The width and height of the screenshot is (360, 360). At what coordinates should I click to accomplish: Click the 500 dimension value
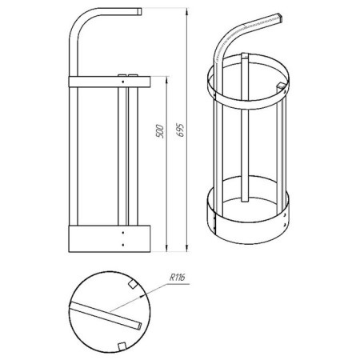159,130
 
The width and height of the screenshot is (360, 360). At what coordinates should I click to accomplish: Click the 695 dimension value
181,130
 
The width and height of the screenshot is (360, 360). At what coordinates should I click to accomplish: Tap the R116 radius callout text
178,278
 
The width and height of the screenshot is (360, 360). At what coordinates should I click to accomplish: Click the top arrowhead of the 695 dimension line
187,11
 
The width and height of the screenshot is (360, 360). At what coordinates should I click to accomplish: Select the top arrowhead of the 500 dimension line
167,80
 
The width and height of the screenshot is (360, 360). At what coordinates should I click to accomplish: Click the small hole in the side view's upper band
122,82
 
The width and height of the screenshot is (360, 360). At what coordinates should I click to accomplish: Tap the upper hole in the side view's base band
122,233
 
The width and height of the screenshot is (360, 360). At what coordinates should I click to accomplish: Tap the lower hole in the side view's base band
122,245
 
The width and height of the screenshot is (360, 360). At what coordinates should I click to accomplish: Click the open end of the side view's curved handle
140,11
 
